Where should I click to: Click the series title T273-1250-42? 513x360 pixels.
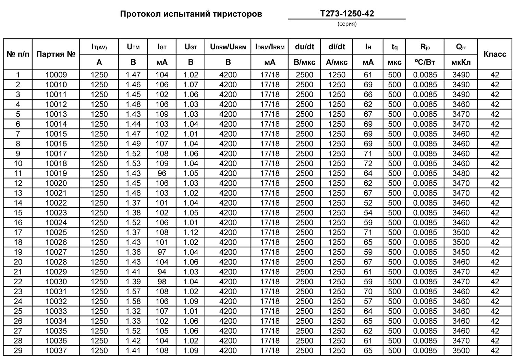tap(347, 14)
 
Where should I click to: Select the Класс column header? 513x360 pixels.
tap(494, 54)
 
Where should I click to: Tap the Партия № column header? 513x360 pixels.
tap(56, 54)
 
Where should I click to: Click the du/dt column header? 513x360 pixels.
tap(304, 47)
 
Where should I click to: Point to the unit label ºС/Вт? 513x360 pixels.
tap(425, 62)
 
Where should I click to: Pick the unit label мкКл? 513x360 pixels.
tap(461, 62)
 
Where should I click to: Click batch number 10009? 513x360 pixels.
tap(56, 75)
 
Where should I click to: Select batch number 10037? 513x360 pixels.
tap(56, 351)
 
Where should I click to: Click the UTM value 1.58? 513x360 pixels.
tap(133, 301)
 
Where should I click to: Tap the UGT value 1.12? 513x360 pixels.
tap(191, 233)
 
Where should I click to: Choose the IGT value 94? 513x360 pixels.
tap(162, 272)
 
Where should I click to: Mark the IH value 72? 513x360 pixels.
tap(368, 163)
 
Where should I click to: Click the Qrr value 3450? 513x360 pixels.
tap(461, 252)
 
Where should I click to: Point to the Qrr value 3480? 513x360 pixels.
tap(461, 173)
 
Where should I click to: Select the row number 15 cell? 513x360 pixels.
tap(18, 213)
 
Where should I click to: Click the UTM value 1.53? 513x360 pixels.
tap(133, 163)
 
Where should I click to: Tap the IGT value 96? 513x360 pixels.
tap(162, 173)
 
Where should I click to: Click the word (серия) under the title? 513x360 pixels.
tap(347, 24)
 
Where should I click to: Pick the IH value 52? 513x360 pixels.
tap(368, 203)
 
